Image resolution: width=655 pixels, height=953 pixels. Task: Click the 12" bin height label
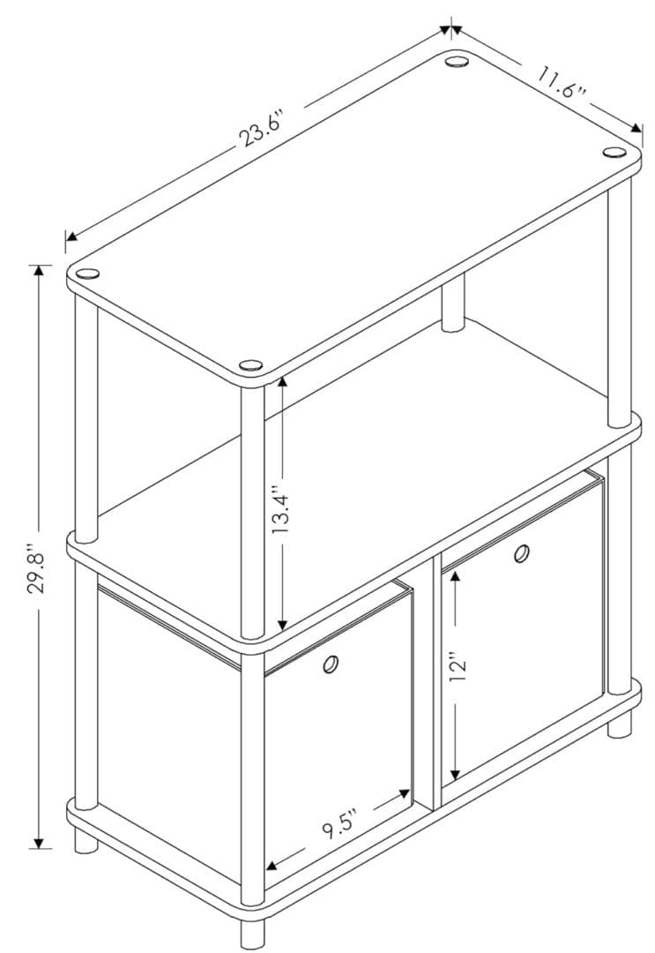458,667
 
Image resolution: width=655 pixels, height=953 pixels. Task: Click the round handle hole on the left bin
331,664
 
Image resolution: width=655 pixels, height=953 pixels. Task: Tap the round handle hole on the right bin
521,553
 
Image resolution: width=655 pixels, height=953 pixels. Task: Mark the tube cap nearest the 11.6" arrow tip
614,153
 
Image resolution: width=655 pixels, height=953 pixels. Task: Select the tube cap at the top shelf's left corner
86,273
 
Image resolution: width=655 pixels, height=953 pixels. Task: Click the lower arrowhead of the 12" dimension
453,776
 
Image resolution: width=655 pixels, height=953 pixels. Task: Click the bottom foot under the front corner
252,934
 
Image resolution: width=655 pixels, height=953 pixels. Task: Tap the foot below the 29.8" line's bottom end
86,842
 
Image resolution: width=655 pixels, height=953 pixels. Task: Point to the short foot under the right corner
620,725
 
